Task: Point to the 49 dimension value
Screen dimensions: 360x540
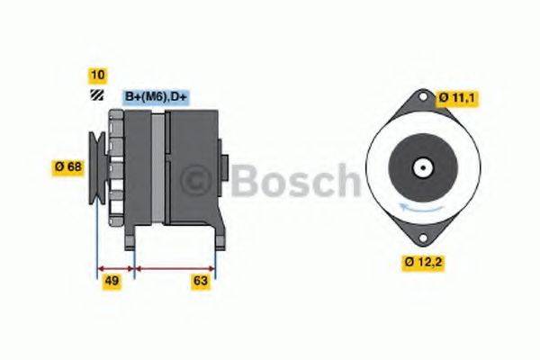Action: click(112, 281)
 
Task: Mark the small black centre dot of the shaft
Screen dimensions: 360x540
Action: click(421, 166)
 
